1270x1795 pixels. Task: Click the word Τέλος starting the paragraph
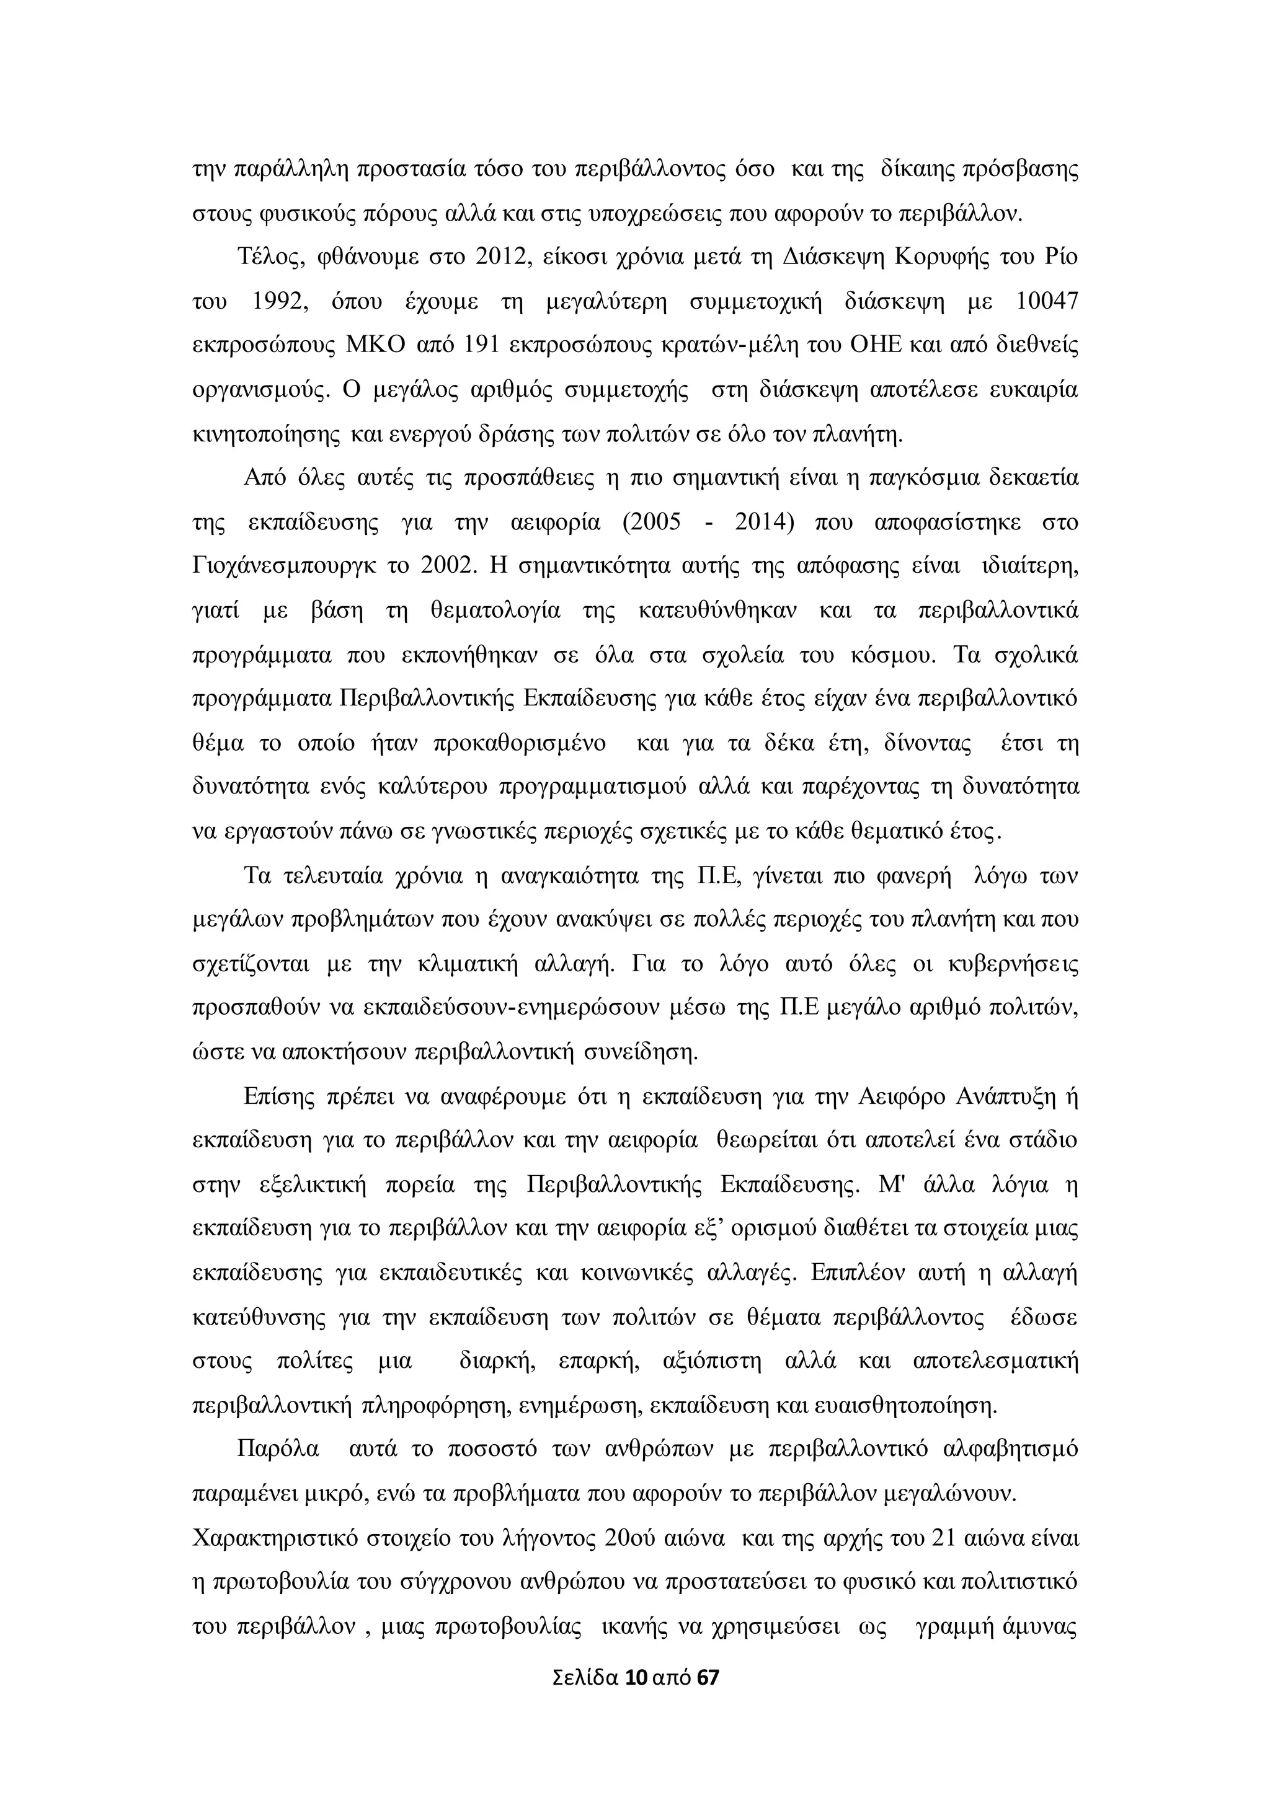[267, 258]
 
